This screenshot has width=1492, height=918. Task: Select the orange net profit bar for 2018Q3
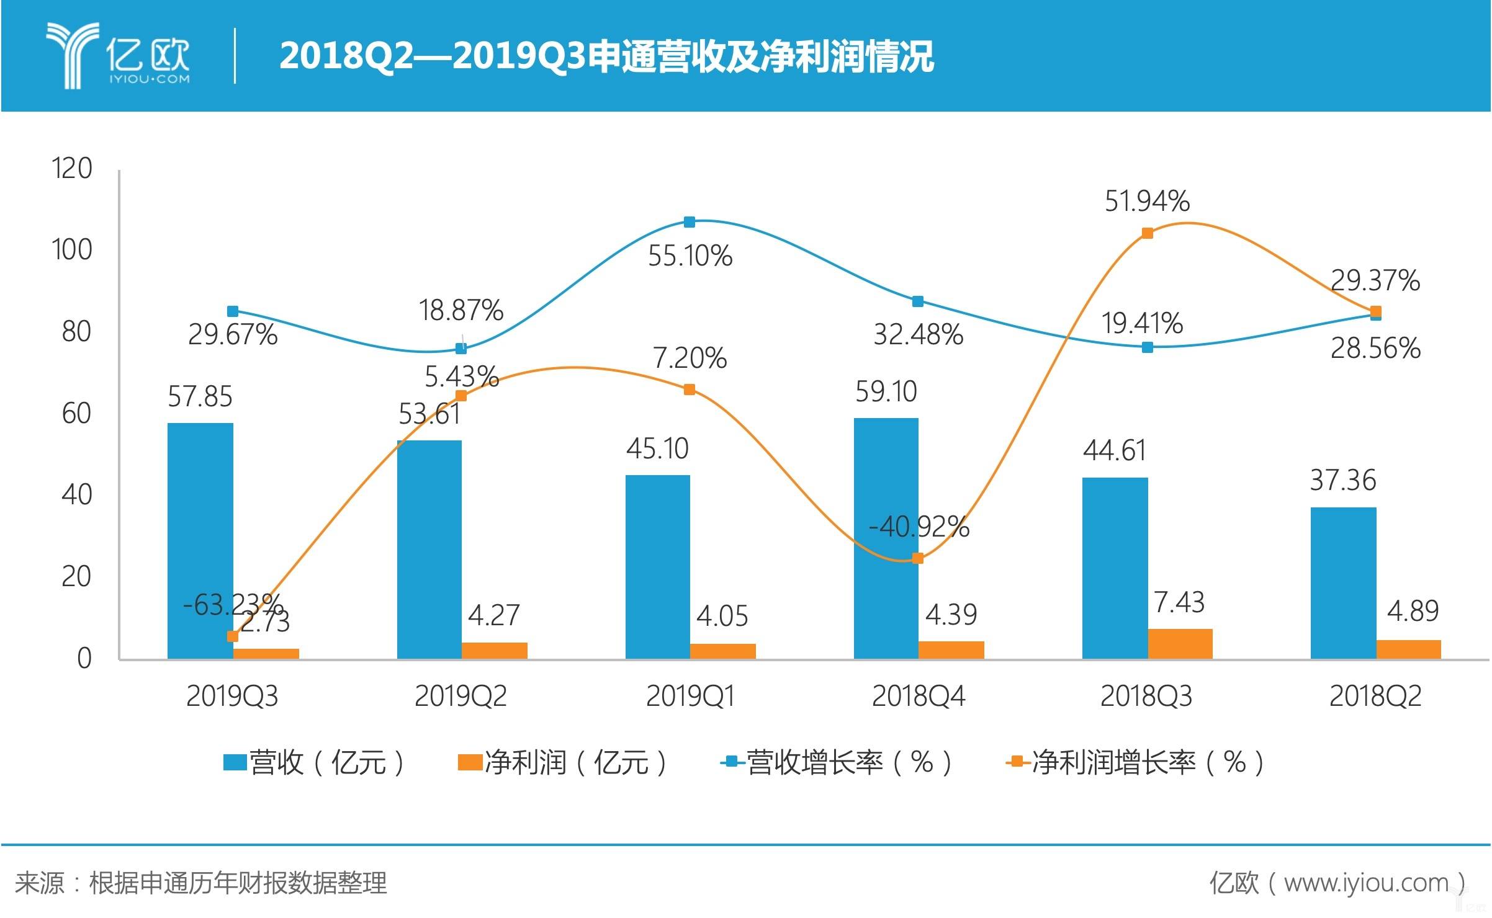(x=1180, y=644)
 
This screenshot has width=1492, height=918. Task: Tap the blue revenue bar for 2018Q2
(x=1343, y=583)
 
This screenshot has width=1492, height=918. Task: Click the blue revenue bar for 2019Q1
(x=657, y=567)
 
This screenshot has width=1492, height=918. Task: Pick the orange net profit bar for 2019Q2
(x=495, y=650)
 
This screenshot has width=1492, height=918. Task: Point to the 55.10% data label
(x=690, y=256)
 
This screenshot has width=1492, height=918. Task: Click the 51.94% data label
(x=1147, y=202)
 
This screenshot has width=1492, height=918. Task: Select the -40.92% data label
(x=919, y=527)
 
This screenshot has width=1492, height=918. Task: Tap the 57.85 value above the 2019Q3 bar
(x=200, y=397)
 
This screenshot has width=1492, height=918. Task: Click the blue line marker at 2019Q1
(x=690, y=222)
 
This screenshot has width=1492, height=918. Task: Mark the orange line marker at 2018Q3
(x=1148, y=233)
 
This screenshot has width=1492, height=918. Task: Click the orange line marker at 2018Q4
(x=918, y=558)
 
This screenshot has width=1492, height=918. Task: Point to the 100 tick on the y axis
(x=72, y=250)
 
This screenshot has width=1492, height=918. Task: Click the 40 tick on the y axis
(x=76, y=495)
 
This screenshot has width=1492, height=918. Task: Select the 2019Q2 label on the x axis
(x=461, y=697)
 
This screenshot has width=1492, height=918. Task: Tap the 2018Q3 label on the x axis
(x=1146, y=697)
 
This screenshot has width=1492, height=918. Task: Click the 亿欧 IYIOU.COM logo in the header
(x=118, y=56)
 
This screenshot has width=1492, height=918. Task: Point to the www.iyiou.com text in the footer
(x=1365, y=883)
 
